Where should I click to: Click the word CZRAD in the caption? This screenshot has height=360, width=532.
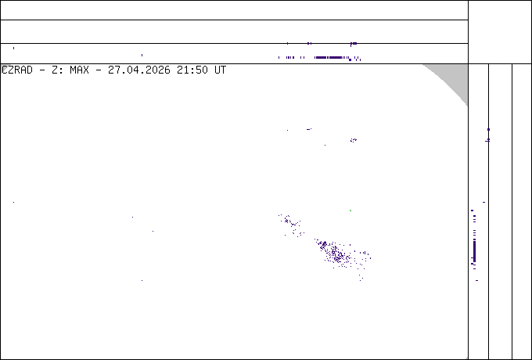[17, 70]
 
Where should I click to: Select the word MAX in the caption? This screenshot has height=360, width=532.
[79, 70]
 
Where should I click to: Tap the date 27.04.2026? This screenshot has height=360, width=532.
[138, 70]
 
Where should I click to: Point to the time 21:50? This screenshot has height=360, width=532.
[192, 70]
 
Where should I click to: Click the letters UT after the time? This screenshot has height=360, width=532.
[220, 70]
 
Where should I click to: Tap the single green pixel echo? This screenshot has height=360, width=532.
[350, 211]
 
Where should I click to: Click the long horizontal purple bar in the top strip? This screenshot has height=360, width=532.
[328, 57]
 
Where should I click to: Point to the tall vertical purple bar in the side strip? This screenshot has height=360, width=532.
[474, 251]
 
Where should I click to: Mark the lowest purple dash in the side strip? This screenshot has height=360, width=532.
[476, 281]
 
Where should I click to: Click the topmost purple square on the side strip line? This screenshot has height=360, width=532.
[488, 130]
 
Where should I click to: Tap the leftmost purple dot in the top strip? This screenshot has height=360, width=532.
[13, 49]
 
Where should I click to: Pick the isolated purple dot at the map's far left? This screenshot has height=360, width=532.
[13, 202]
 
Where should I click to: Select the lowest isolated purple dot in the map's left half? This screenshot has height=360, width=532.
[142, 281]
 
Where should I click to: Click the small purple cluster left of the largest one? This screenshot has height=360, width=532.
[291, 225]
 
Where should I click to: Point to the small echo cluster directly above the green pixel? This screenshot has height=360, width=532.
[353, 140]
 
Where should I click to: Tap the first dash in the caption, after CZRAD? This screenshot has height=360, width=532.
[42, 70]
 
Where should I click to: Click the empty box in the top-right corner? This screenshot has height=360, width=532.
[500, 32]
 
